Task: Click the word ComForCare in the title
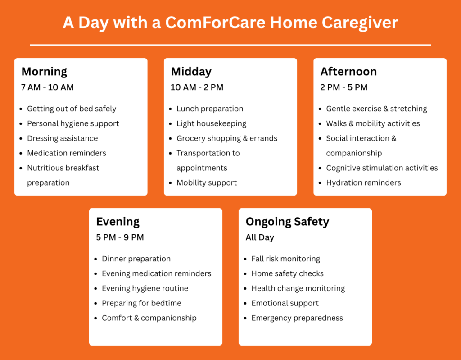(215, 23)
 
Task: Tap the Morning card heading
(44, 72)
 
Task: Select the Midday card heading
(191, 72)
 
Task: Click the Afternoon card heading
(348, 72)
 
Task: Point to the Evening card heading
(118, 222)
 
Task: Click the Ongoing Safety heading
(287, 222)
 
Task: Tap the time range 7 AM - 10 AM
(47, 87)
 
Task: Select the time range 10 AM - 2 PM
(197, 87)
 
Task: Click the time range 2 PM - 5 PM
(343, 87)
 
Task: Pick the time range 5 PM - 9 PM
(120, 237)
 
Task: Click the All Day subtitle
(260, 237)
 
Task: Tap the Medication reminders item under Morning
(67, 153)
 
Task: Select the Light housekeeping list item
(212, 124)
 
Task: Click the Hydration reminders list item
(363, 183)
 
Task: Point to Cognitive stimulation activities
(382, 168)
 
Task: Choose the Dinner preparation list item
(136, 259)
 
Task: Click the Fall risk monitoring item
(285, 259)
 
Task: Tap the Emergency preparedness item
(297, 318)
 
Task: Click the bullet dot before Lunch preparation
(171, 109)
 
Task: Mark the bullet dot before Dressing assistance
(21, 139)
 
